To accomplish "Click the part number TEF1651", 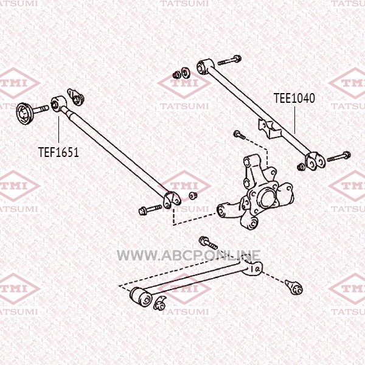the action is click(x=58, y=153).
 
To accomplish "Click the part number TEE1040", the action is click(x=294, y=98).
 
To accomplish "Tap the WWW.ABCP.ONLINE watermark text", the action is click(x=189, y=255).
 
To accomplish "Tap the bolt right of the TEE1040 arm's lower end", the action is click(x=338, y=157).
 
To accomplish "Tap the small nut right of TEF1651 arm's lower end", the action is click(x=193, y=196).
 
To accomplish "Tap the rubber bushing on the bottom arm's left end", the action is click(x=141, y=297).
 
